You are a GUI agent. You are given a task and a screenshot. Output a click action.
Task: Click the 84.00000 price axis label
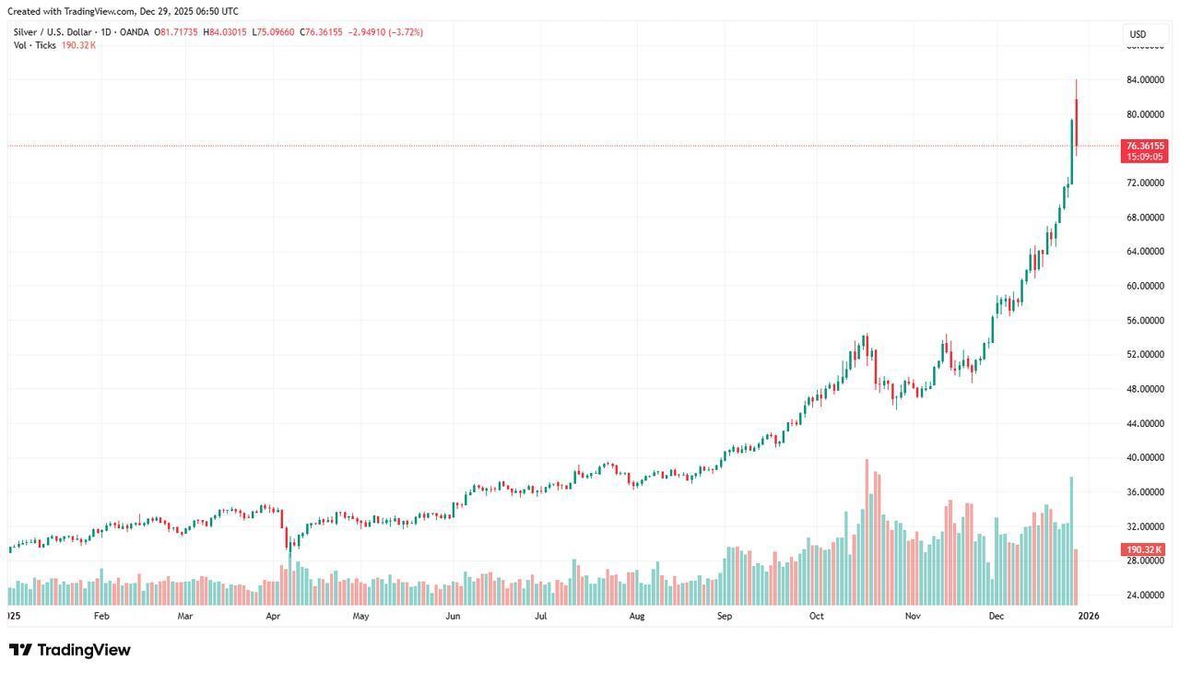point(1145,80)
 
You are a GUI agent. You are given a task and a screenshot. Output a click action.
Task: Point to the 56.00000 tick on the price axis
point(1145,321)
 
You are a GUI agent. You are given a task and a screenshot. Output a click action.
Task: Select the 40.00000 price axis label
point(1145,458)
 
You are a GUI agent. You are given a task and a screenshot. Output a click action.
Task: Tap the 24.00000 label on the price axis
point(1145,596)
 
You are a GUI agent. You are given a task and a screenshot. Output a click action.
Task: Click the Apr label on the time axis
point(273,616)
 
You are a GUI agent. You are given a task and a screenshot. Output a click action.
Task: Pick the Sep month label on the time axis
point(725,616)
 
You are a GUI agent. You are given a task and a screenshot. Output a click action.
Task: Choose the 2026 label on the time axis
point(1088,616)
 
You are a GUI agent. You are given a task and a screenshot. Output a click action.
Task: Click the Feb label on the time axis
point(101,616)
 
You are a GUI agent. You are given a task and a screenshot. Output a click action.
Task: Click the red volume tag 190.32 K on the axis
point(1144,550)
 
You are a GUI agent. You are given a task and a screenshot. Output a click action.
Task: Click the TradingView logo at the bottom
point(70,650)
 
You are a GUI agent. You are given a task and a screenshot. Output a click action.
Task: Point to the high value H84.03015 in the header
point(225,32)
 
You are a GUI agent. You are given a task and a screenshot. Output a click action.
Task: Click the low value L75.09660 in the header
point(274,32)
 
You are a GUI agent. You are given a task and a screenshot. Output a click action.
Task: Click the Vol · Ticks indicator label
point(35,45)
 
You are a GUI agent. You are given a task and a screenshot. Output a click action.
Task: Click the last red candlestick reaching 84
point(1076,120)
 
